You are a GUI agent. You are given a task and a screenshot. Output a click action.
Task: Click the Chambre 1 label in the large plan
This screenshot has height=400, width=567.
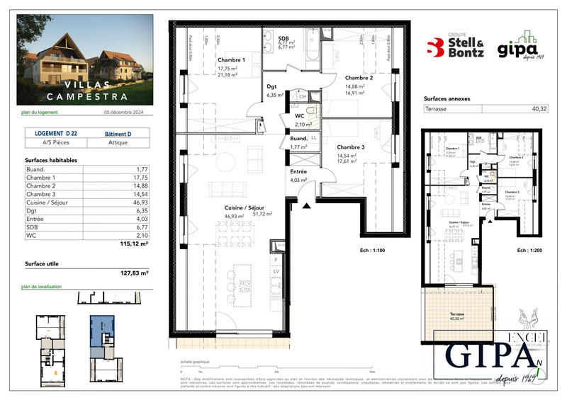click(231, 60)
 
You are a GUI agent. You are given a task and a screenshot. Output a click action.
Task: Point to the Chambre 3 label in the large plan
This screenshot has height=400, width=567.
click(352, 147)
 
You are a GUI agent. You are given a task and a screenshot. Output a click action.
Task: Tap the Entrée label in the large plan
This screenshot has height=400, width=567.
click(299, 172)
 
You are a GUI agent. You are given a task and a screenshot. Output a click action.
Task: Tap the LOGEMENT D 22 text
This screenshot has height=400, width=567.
click(56, 133)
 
